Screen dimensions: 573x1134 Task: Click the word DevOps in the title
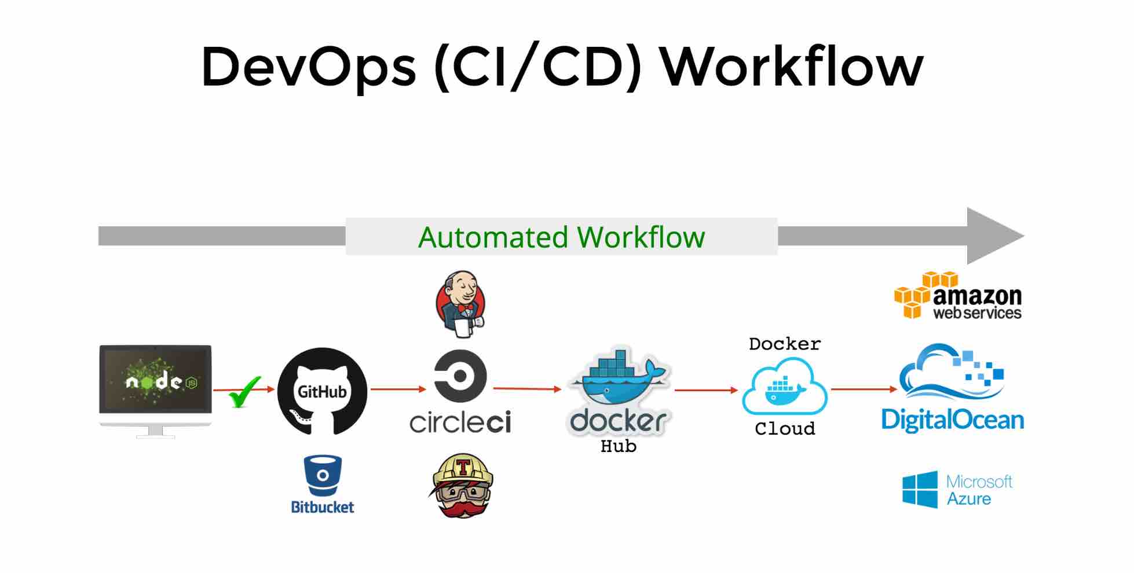[x=308, y=68]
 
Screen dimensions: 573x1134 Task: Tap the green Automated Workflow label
[x=561, y=237]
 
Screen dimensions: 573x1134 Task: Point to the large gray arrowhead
[x=992, y=236]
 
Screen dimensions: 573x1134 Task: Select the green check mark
[x=244, y=392]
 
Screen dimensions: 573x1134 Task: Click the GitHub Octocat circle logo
[x=322, y=391]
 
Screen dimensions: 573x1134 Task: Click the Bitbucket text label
[x=323, y=507]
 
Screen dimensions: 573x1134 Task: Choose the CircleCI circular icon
[x=460, y=376]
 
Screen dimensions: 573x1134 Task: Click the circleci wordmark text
[x=460, y=423]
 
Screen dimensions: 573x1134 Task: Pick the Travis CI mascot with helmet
[x=462, y=486]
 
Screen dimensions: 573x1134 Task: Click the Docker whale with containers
[x=619, y=379]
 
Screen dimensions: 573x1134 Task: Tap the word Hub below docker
[x=618, y=446]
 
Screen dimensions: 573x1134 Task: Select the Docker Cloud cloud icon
[x=785, y=387]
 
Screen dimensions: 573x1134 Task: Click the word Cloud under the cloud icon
[x=785, y=429]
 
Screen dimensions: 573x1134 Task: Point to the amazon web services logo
[x=958, y=296]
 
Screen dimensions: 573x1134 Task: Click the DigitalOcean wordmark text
[x=952, y=420]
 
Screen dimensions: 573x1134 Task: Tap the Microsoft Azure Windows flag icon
[x=920, y=490]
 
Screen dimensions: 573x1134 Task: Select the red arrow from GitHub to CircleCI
[x=398, y=389]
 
